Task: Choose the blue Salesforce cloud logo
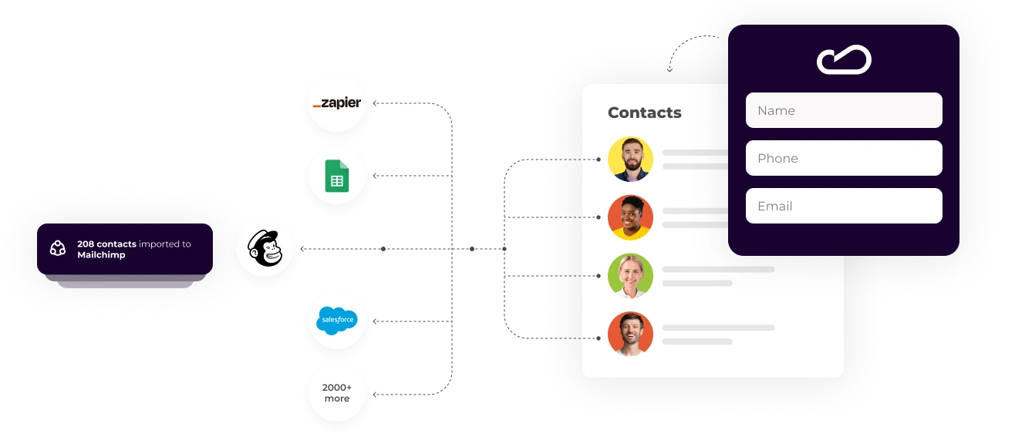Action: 336,319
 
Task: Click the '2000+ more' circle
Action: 336,393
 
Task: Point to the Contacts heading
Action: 644,113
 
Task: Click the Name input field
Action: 843,110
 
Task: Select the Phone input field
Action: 843,158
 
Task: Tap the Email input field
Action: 843,206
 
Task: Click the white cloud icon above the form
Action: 844,60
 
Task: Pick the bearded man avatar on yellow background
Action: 630,159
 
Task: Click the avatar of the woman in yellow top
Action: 630,217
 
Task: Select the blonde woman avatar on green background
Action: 630,276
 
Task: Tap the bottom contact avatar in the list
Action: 630,334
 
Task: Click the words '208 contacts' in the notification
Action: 106,244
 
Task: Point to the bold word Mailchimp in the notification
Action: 100,255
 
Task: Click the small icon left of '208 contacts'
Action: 58,248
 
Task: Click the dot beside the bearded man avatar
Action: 599,160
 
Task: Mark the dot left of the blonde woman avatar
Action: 599,276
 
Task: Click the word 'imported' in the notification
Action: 160,244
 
